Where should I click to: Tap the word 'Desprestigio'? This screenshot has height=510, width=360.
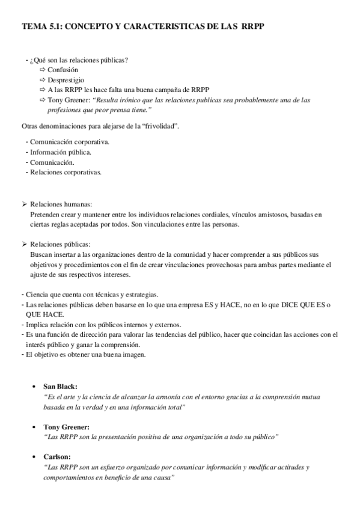click(x=66, y=79)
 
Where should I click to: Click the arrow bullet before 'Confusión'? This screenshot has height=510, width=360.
click(x=42, y=70)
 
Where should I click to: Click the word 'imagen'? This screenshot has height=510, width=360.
click(x=131, y=354)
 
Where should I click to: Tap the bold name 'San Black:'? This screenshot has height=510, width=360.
click(x=60, y=386)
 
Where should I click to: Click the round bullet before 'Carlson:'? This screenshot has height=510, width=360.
click(x=34, y=456)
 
